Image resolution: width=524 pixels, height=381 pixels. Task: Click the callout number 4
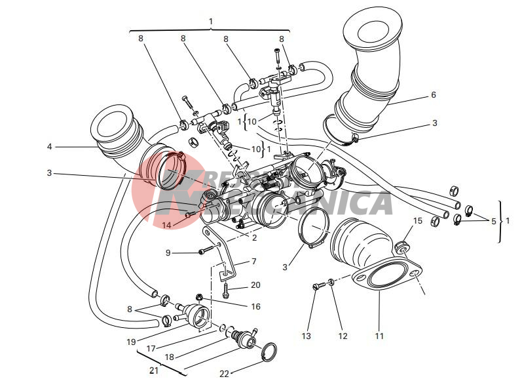[x=49, y=146]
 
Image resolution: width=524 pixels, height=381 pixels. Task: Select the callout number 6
[x=433, y=95]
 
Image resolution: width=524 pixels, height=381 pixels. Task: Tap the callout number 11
[x=379, y=336]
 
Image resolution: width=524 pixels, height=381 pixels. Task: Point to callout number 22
[x=225, y=374]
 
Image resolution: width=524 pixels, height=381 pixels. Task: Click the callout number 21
[x=155, y=370]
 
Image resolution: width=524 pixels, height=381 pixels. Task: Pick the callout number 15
[x=417, y=220]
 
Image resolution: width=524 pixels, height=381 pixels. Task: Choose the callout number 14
[x=167, y=224]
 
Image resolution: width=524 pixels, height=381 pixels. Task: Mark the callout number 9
[x=168, y=252]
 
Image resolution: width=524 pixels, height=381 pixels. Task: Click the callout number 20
[x=255, y=285]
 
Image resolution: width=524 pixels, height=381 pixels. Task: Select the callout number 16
[x=255, y=306]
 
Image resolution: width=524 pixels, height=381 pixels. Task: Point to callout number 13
[x=306, y=336]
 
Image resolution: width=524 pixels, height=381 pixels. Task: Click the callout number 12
[x=342, y=336]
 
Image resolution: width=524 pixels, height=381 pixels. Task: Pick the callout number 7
[x=253, y=262]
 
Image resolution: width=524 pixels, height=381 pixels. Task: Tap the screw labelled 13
[x=316, y=287]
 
